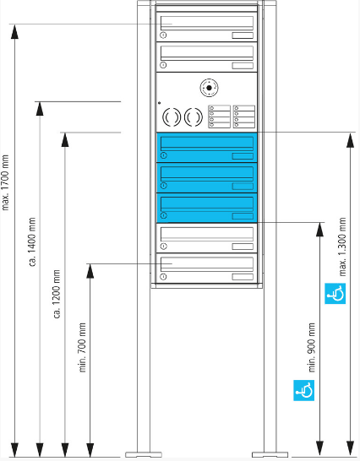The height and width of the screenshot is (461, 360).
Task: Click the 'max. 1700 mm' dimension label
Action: (6, 182)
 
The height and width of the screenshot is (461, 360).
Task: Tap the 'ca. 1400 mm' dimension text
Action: (32, 241)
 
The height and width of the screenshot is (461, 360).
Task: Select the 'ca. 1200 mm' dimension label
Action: (57, 294)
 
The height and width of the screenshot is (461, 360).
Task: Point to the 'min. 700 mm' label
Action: (82, 348)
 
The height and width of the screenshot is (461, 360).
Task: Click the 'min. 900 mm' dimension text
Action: (312, 348)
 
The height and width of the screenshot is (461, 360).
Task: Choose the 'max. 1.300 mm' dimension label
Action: (342, 247)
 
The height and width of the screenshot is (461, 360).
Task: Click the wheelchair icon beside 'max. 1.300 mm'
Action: (335, 294)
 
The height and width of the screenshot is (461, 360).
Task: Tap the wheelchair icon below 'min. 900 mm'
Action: (303, 390)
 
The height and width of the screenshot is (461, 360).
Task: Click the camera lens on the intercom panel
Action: (209, 88)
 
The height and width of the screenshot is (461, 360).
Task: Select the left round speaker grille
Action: (171, 117)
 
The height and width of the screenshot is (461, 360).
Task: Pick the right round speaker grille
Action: (194, 117)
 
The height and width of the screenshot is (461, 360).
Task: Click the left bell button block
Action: (220, 117)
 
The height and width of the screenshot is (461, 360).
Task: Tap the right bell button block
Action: (244, 117)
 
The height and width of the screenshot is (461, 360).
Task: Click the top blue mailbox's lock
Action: (164, 155)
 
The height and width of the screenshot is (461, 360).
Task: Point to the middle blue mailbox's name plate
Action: (243, 186)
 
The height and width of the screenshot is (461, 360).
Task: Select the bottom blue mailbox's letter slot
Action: (207, 203)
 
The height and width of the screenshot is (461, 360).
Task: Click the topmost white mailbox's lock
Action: (163, 35)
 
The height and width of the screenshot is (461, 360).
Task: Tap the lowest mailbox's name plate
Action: (243, 277)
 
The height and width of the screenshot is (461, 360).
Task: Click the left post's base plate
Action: (144, 454)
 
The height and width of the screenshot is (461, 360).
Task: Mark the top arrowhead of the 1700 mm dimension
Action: (14, 32)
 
